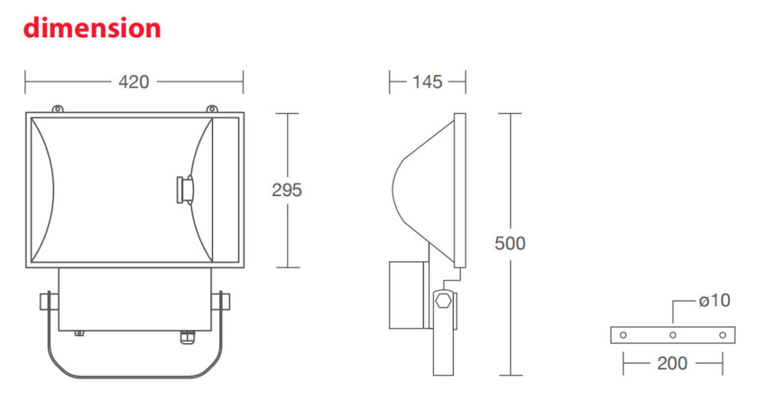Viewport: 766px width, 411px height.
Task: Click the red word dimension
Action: click(x=92, y=28)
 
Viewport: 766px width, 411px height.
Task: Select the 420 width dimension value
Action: click(x=133, y=82)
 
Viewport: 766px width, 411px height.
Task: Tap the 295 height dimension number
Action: click(x=287, y=189)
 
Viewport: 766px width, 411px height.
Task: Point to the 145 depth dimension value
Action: click(x=427, y=82)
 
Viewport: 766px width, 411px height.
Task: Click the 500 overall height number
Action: click(x=510, y=243)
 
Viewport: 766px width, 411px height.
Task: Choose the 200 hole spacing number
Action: click(x=672, y=363)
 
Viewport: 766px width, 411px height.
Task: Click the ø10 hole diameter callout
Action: click(x=714, y=300)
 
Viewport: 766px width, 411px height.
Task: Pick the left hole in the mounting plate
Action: click(x=623, y=335)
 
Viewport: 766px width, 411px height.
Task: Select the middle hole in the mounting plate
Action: click(x=672, y=335)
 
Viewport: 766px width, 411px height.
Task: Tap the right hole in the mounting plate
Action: click(x=723, y=335)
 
